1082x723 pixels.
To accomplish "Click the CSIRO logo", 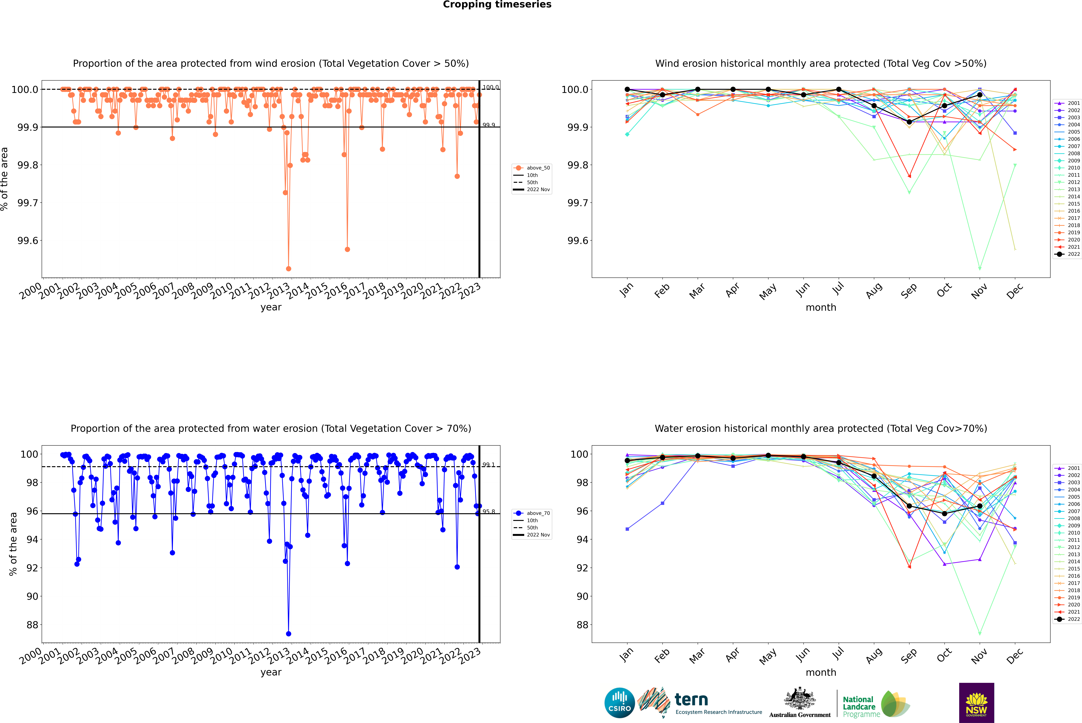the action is pyautogui.click(x=619, y=703).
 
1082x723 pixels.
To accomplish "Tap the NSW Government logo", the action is pyautogui.click(x=976, y=703).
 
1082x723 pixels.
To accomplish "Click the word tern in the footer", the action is pyautogui.click(x=691, y=700).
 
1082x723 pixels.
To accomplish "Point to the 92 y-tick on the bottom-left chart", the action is pyautogui.click(x=32, y=568).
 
